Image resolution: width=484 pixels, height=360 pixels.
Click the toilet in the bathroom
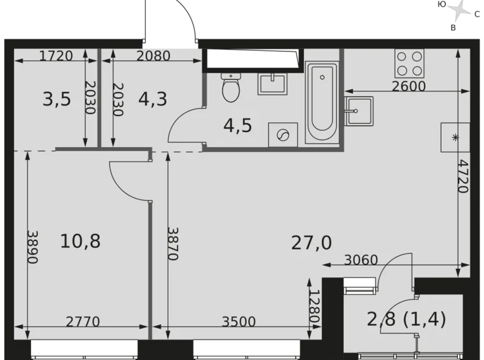pyautogui.click(x=231, y=88)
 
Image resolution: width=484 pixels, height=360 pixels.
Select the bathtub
pyautogui.click(x=321, y=106)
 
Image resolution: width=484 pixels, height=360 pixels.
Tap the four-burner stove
pyautogui.click(x=409, y=63)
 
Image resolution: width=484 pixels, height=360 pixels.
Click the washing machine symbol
pyautogui.click(x=282, y=135)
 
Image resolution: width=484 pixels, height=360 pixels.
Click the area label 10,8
pyautogui.click(x=80, y=241)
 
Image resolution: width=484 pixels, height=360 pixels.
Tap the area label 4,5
pyautogui.click(x=238, y=125)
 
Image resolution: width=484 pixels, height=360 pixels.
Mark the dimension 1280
pyautogui.click(x=314, y=306)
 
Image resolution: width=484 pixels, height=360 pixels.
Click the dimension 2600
pyautogui.click(x=409, y=86)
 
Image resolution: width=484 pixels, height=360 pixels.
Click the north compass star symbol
pyautogui.click(x=460, y=10)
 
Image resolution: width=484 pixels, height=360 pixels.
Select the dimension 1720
pyautogui.click(x=56, y=56)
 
